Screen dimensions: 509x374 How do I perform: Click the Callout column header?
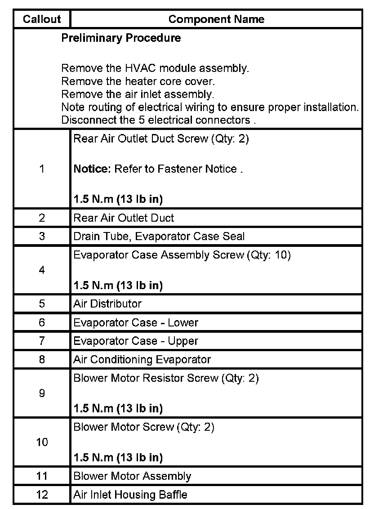pyautogui.click(x=42, y=19)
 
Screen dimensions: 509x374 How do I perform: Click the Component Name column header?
pyautogui.click(x=216, y=19)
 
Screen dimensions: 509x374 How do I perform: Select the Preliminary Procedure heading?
pyautogui.click(x=121, y=38)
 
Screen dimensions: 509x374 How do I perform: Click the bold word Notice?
pyautogui.click(x=92, y=169)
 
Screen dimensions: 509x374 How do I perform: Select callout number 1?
pyautogui.click(x=42, y=169)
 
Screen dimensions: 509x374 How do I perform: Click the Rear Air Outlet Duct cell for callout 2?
pyautogui.click(x=124, y=218)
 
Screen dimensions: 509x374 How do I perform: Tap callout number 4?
pyautogui.click(x=42, y=270)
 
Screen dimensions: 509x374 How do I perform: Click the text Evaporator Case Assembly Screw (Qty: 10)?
pyautogui.click(x=182, y=255)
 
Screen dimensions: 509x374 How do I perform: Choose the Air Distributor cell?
pyautogui.click(x=107, y=304)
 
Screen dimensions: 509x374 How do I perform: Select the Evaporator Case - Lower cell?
pyautogui.click(x=136, y=322)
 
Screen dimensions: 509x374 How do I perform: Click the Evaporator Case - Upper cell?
pyautogui.click(x=136, y=341)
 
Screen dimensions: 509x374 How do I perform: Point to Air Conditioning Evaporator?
pyautogui.click(x=142, y=359)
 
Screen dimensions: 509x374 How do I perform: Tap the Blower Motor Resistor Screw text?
pyautogui.click(x=166, y=378)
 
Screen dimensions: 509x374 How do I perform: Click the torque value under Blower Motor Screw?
pyautogui.click(x=118, y=458)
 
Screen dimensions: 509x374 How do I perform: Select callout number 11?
pyautogui.click(x=42, y=476)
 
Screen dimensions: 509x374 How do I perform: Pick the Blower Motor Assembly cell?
pyautogui.click(x=132, y=476)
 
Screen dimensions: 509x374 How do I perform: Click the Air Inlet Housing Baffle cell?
pyautogui.click(x=130, y=495)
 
